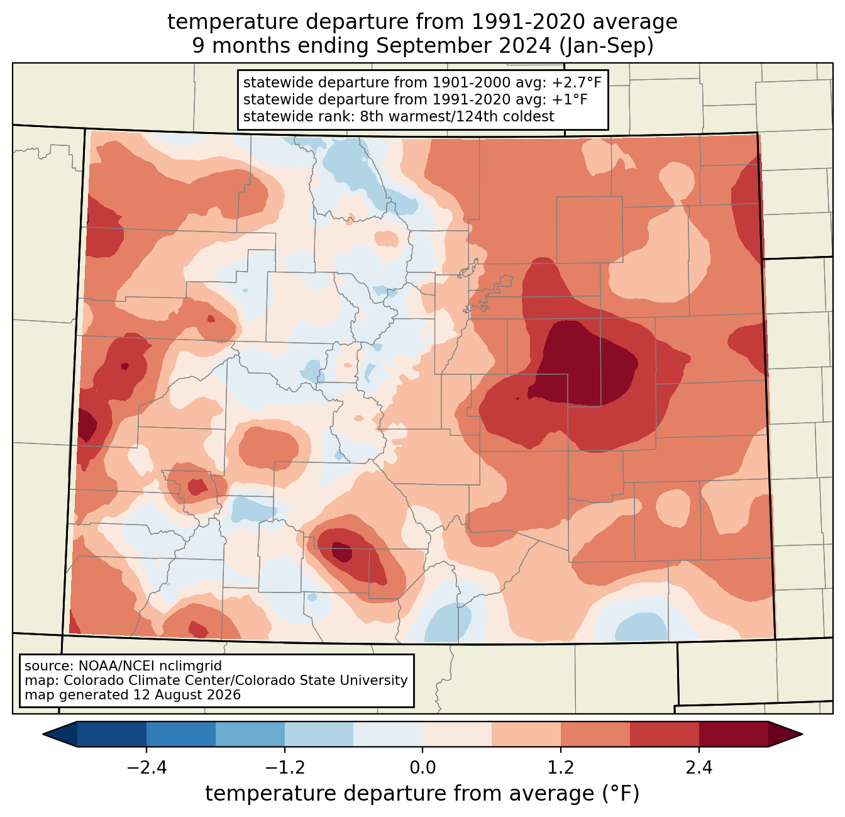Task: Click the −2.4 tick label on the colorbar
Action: click(x=146, y=767)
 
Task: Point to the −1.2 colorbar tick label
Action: click(x=285, y=767)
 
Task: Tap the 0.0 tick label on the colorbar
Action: click(x=422, y=767)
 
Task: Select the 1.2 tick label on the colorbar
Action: click(x=561, y=767)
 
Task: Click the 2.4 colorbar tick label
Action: click(x=699, y=767)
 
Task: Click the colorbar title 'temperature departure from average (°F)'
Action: click(x=422, y=793)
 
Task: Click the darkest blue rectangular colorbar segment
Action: click(x=111, y=735)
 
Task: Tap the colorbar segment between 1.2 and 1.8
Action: click(x=595, y=735)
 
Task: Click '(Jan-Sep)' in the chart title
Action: click(x=606, y=46)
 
